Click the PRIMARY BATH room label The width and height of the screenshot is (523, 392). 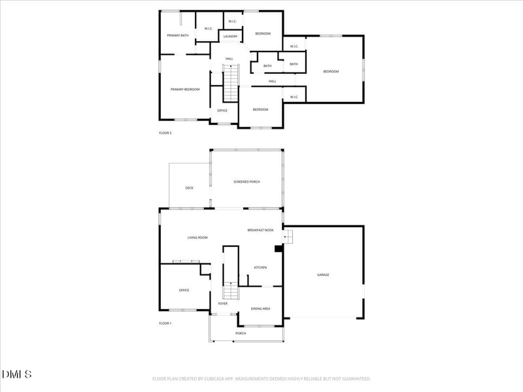[x=178, y=35]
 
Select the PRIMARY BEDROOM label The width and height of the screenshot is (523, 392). [x=185, y=90]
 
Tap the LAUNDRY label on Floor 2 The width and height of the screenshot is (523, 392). [x=230, y=37]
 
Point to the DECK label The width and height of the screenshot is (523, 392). [x=189, y=188]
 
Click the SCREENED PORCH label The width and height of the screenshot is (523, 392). [x=246, y=182]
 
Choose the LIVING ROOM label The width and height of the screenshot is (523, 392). [x=197, y=237]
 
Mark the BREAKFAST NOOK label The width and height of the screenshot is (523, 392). [x=260, y=230]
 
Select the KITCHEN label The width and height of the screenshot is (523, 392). [x=260, y=267]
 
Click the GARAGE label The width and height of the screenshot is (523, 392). [x=323, y=275]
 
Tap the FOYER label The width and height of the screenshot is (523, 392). [x=223, y=304]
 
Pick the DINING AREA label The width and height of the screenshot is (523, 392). [x=261, y=308]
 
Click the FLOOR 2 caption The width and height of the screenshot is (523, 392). [x=165, y=133]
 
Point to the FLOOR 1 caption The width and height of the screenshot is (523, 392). [x=165, y=323]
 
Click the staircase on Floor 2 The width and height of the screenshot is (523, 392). [x=231, y=84]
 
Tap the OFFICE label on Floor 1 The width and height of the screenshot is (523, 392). [x=184, y=290]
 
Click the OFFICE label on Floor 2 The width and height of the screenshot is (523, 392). [x=222, y=111]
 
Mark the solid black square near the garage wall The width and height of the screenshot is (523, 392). [x=278, y=248]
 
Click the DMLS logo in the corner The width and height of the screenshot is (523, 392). [x=17, y=374]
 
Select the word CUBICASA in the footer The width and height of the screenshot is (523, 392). [x=223, y=378]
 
